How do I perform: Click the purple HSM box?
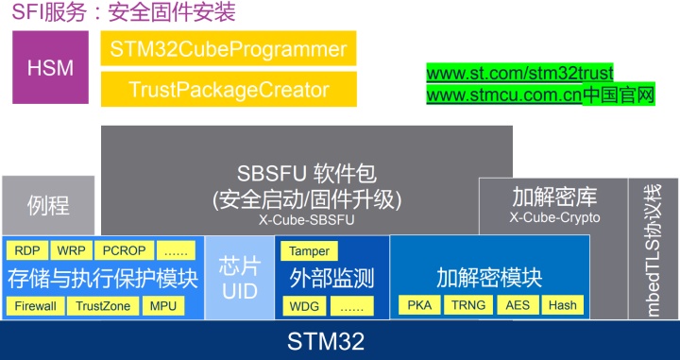coord(51,68)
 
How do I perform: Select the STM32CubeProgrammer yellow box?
coord(229,49)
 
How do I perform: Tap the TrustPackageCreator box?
coord(229,90)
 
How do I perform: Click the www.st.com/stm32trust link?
coord(519,73)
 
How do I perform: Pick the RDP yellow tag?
coord(25,251)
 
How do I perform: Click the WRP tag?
coord(71,251)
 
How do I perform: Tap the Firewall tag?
coord(36,306)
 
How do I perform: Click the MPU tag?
coord(162,306)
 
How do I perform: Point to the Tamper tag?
coord(310,251)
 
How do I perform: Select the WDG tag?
coord(304,306)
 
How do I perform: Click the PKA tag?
coord(417,306)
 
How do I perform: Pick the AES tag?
coord(518,306)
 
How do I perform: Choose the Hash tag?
coord(562,306)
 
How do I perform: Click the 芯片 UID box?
coord(239,278)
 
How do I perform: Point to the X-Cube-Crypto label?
coord(553,218)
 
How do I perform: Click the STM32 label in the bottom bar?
coord(339,340)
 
